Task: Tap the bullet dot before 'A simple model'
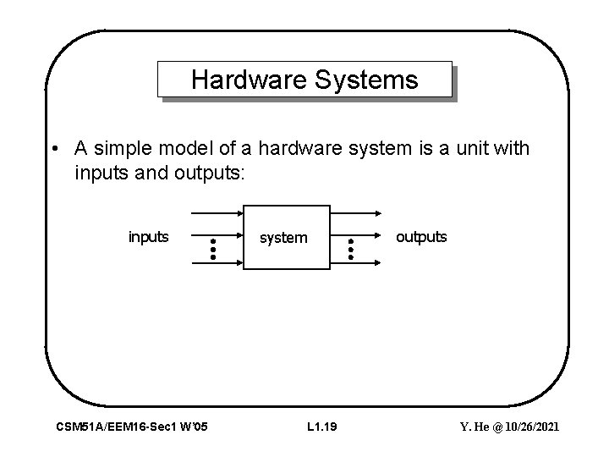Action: click(53, 150)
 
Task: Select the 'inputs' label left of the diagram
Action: click(148, 237)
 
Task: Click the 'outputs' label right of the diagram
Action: click(421, 237)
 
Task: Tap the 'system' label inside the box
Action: click(283, 238)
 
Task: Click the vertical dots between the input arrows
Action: click(214, 248)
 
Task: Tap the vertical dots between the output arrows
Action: click(350, 248)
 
